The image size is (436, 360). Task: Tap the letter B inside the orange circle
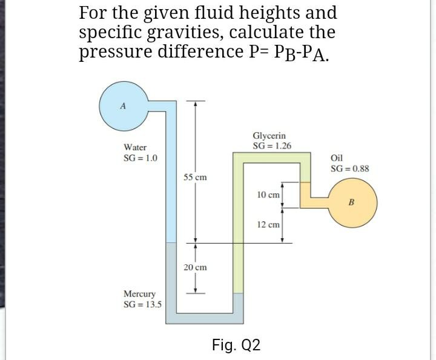tap(351, 202)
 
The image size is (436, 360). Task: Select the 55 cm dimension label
tap(195, 178)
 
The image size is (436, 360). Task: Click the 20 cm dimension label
tap(195, 267)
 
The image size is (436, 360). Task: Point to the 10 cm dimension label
tap(268, 195)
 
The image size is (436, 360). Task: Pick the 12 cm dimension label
tap(268, 224)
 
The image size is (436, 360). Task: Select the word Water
tap(134, 147)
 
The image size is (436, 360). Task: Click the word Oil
tap(337, 158)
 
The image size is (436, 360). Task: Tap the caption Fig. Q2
tap(236, 345)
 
